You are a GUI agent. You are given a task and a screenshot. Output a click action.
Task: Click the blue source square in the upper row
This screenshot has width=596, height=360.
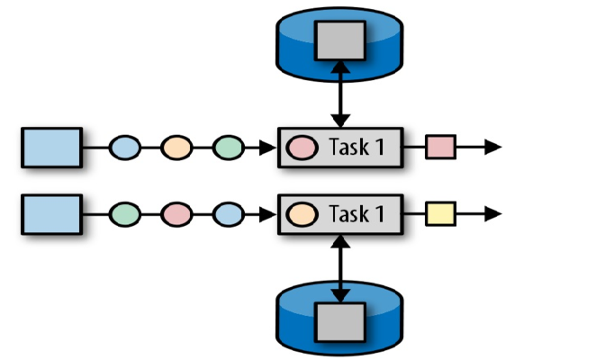pos(50,147)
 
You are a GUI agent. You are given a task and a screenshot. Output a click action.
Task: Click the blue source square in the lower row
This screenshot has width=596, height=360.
pos(50,214)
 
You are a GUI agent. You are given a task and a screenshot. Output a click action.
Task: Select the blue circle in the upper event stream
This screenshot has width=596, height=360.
pos(126,147)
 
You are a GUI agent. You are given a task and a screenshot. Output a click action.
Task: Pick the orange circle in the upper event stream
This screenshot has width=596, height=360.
pos(177,147)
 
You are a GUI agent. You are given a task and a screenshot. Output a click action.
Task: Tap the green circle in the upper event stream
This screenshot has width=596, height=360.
pos(229,147)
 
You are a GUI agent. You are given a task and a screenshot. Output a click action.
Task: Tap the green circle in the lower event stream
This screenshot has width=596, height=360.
pos(126,214)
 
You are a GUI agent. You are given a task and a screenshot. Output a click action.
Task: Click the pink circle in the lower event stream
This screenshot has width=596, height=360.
pos(177,214)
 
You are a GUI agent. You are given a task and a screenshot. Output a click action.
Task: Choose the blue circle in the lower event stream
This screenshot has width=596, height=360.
pos(229,214)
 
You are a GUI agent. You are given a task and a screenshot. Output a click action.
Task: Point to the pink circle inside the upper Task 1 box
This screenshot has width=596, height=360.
pos(301,147)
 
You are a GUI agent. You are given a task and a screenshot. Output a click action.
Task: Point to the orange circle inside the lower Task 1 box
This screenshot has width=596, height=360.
pos(301,214)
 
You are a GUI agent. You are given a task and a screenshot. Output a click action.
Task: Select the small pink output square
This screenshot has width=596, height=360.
pos(439,147)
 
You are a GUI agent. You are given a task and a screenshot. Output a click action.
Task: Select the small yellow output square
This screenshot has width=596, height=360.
pos(439,214)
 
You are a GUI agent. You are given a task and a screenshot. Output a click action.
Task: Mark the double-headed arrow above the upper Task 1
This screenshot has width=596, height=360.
pos(339,94)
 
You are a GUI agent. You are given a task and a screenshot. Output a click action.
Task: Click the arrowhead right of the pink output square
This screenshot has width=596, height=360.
pos(492,147)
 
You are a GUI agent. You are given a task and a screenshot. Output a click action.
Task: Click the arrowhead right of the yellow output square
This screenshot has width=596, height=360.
pos(492,214)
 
